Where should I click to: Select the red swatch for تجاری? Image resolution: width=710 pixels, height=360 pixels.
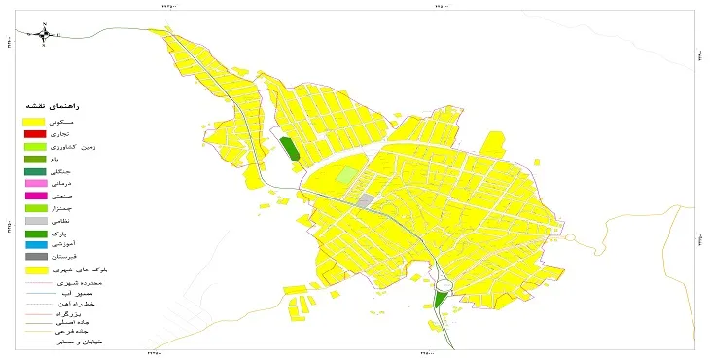pos(35,132)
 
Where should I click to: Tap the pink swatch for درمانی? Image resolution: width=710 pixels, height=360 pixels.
pos(35,183)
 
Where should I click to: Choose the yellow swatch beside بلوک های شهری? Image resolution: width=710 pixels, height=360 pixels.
pos(35,270)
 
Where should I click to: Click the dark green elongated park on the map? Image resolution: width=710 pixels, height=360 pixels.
pos(289,149)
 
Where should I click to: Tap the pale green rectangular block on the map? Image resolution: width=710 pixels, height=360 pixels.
pos(347,175)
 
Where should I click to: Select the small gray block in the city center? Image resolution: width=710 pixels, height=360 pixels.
pos(366,200)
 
